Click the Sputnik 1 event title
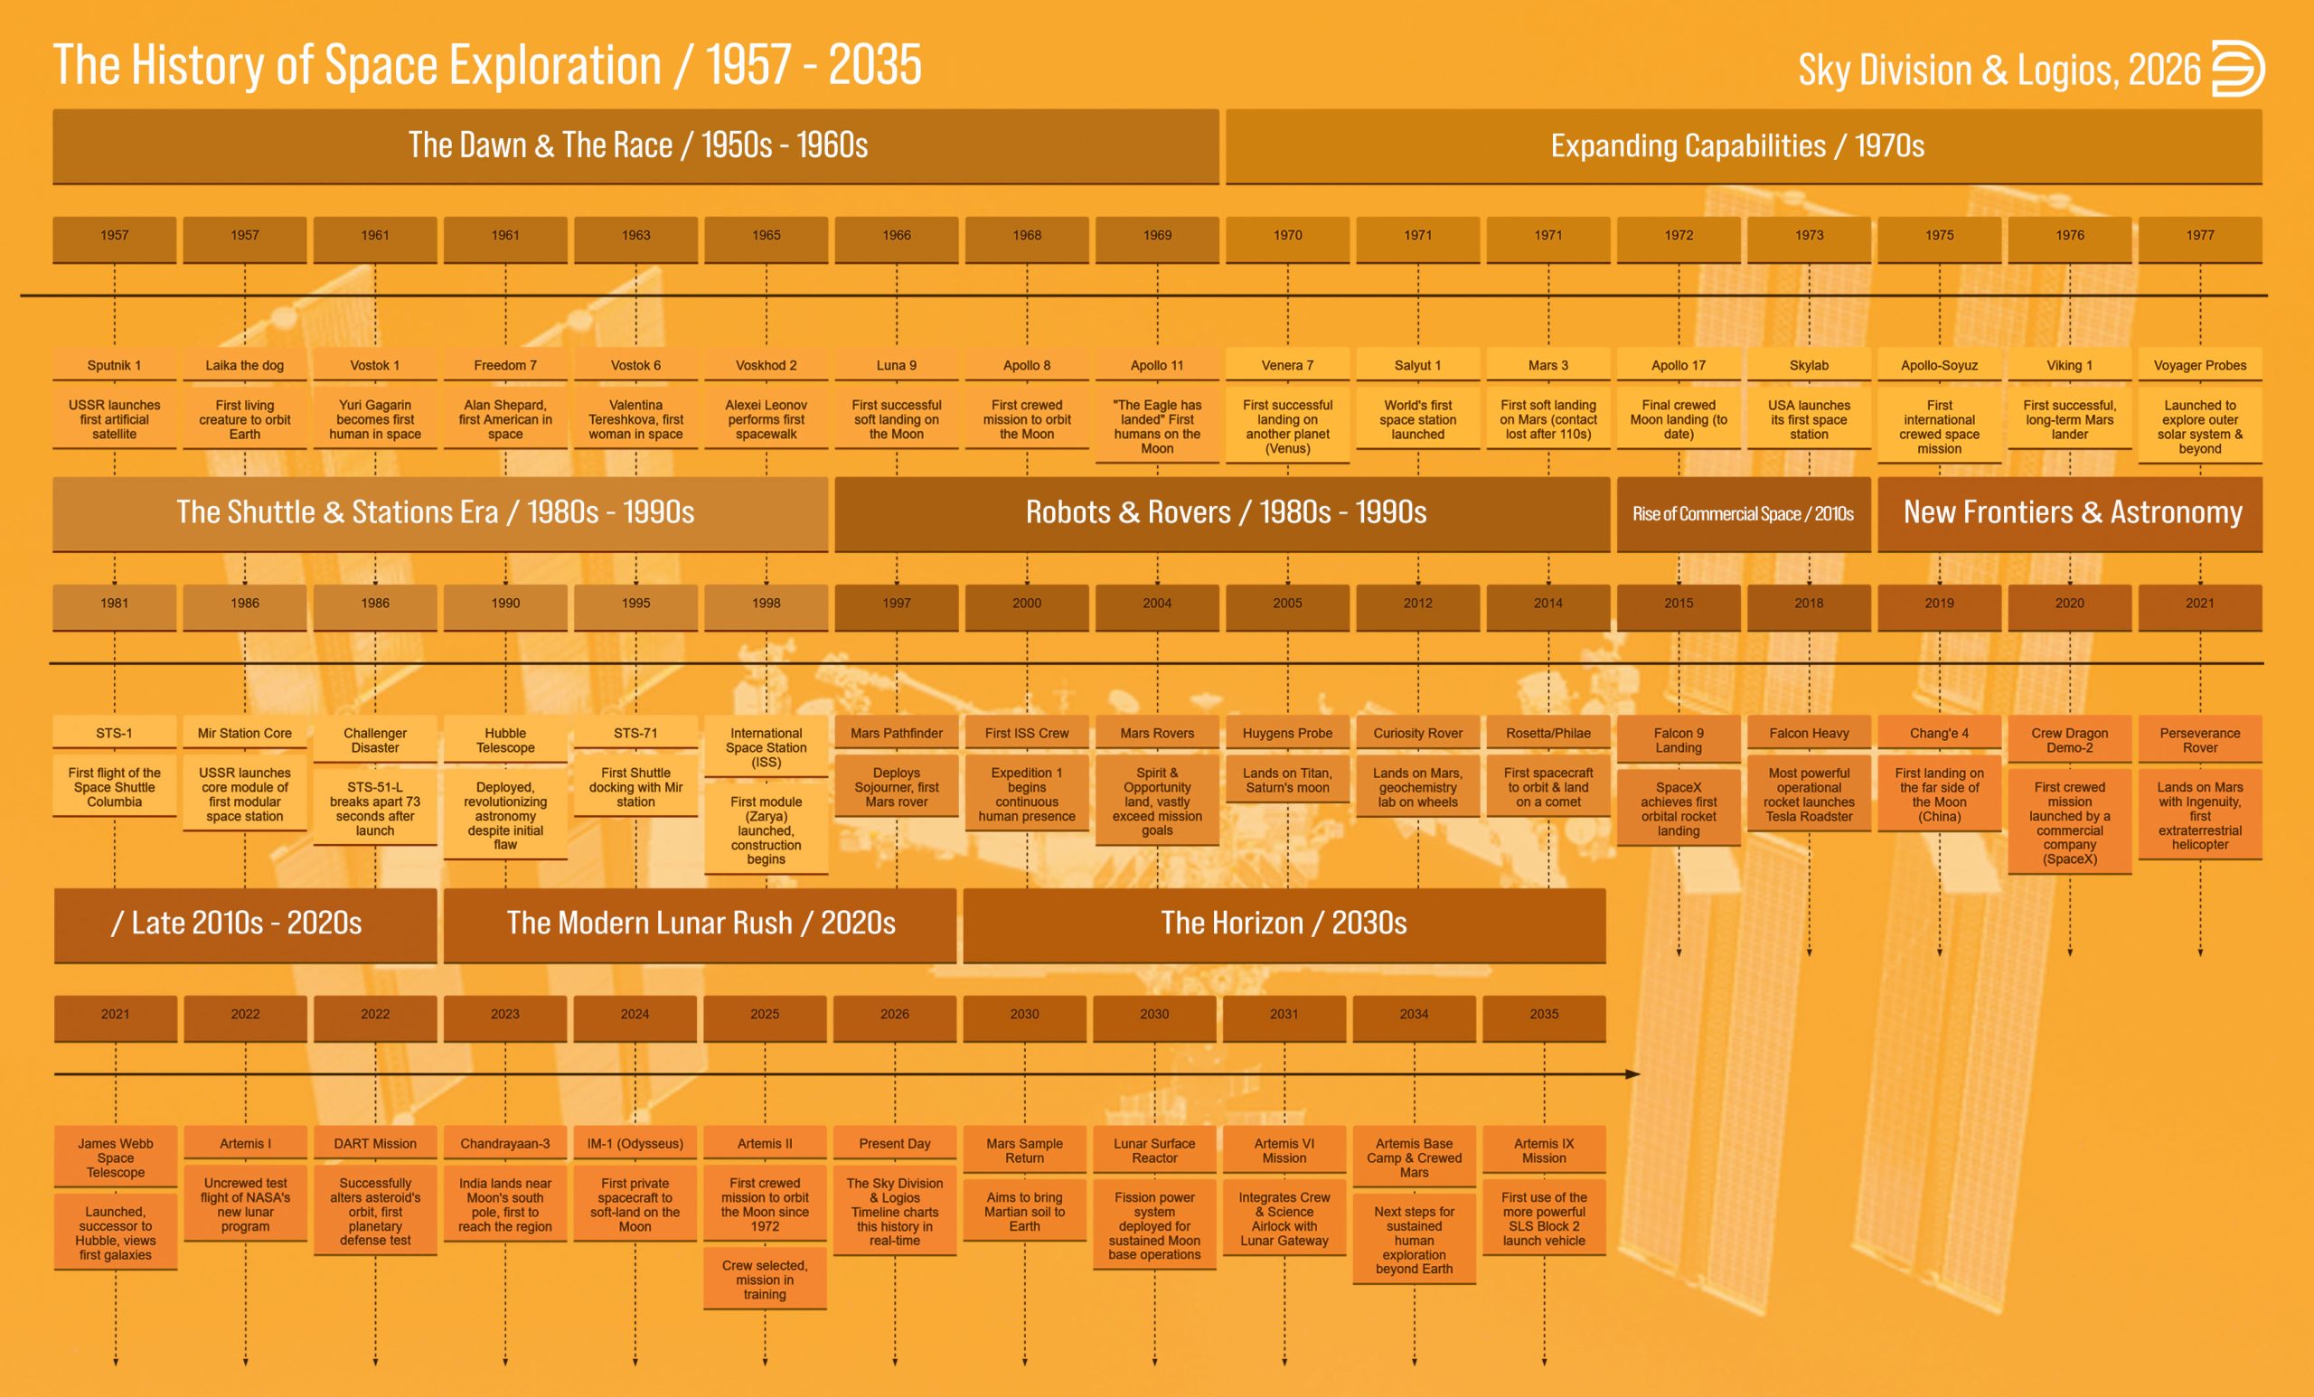click(x=115, y=365)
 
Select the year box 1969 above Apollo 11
click(x=1157, y=237)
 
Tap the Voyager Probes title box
click(x=2199, y=365)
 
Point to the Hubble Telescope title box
click(x=505, y=741)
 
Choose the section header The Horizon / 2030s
click(x=1284, y=924)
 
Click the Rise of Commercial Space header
click(x=1743, y=513)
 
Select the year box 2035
click(x=1544, y=1015)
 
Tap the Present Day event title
click(x=894, y=1143)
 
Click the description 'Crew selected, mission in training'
click(x=765, y=1280)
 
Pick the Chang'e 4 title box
click(x=1939, y=733)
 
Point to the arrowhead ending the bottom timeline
click(x=1633, y=1074)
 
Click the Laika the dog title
click(x=245, y=365)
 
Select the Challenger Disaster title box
click(x=375, y=741)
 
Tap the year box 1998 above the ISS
click(x=767, y=604)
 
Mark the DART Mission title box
click(x=375, y=1143)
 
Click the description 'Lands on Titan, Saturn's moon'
click(x=1287, y=780)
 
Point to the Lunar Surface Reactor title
click(x=1154, y=1151)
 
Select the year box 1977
click(x=2199, y=237)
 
